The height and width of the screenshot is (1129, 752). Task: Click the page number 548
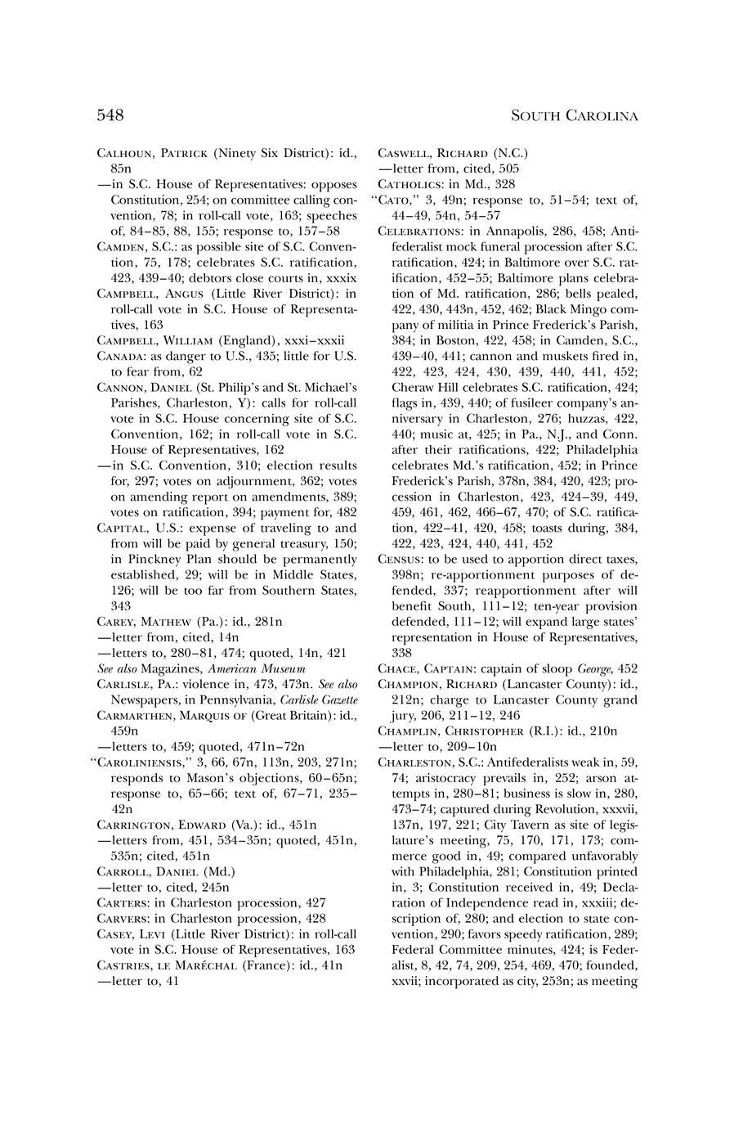coord(110,115)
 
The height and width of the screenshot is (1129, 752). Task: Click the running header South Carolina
coord(574,116)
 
